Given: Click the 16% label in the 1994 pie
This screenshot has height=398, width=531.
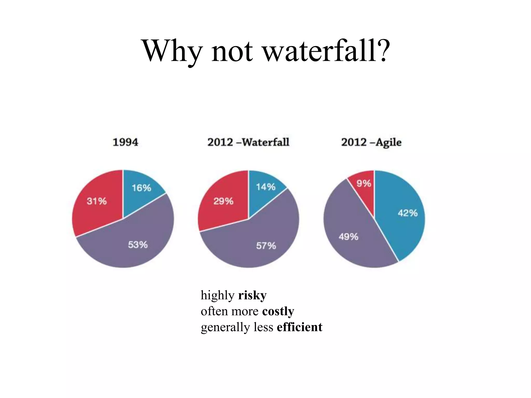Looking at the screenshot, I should coord(141,188).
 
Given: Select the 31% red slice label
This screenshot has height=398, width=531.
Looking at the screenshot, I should coord(96,201).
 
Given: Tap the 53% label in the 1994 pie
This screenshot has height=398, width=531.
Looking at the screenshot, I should coord(138,245).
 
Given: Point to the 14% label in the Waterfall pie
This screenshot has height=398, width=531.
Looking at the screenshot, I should coord(266,187).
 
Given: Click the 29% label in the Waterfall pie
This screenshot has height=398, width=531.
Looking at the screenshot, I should coord(223,201).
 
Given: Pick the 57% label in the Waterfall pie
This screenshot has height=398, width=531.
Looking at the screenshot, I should coord(266,246).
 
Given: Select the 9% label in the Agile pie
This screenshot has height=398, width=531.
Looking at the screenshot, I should coord(364,183).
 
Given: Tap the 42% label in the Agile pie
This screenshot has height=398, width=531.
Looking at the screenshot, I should coord(408,213).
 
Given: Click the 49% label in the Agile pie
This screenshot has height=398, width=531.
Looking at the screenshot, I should coord(348,237).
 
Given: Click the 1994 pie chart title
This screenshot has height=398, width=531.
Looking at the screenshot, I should coord(125,142).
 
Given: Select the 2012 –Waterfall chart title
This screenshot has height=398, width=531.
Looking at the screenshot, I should coord(248,142).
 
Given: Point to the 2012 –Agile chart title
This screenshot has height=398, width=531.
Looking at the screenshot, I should coord(371,142).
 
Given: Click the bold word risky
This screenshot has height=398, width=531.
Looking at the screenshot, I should coord(252,295).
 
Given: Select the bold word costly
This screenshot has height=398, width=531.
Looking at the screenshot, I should coord(278,311).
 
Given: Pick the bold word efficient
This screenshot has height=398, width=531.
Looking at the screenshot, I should coord(299,327).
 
